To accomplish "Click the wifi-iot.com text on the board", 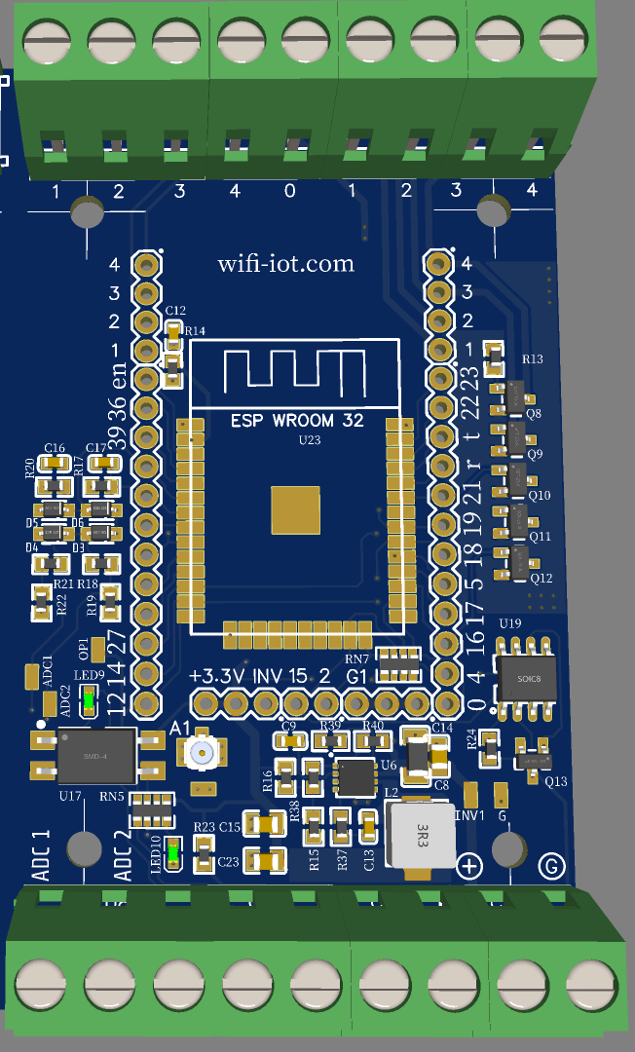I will pos(285,264).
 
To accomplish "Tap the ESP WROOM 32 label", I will pos(297,421).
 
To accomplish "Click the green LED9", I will pos(89,698).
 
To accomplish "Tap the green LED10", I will pos(173,854).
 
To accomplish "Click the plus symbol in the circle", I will pos(470,866).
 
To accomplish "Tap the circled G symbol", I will pos(552,865).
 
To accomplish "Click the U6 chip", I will pos(356,776).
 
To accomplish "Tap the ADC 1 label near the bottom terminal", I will pos(40,856).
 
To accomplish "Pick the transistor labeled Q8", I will pos(514,394).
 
